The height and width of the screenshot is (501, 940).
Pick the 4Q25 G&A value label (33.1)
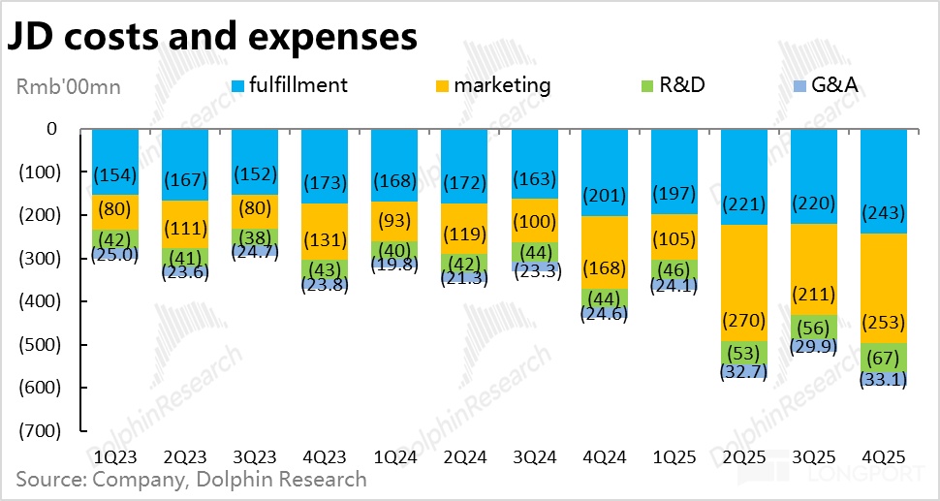883,380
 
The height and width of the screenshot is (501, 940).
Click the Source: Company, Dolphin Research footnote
191,479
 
